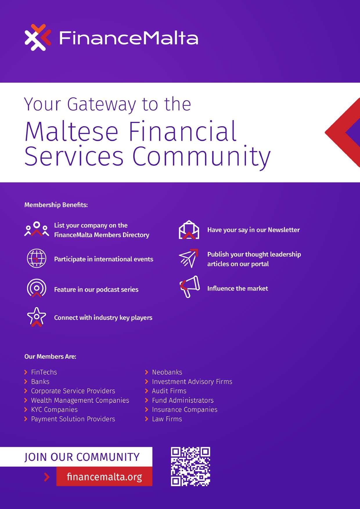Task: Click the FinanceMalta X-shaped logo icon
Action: click(38, 37)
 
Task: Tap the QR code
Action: click(190, 466)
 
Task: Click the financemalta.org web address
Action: click(104, 476)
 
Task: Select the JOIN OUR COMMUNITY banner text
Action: click(82, 457)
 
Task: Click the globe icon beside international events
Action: click(37, 258)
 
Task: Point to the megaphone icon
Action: click(190, 286)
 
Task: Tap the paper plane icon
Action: click(188, 258)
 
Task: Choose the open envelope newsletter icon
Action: click(189, 230)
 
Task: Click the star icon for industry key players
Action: click(37, 317)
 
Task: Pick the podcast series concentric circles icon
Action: click(37, 288)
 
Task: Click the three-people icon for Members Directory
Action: click(37, 229)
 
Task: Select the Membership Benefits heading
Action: click(56, 205)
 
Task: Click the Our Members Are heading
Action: click(50, 356)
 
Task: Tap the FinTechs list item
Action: click(44, 372)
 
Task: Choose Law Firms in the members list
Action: click(167, 419)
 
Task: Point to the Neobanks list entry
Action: click(167, 372)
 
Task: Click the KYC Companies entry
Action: click(54, 409)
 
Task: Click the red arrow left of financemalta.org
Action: click(47, 477)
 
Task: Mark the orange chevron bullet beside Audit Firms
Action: click(147, 391)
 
